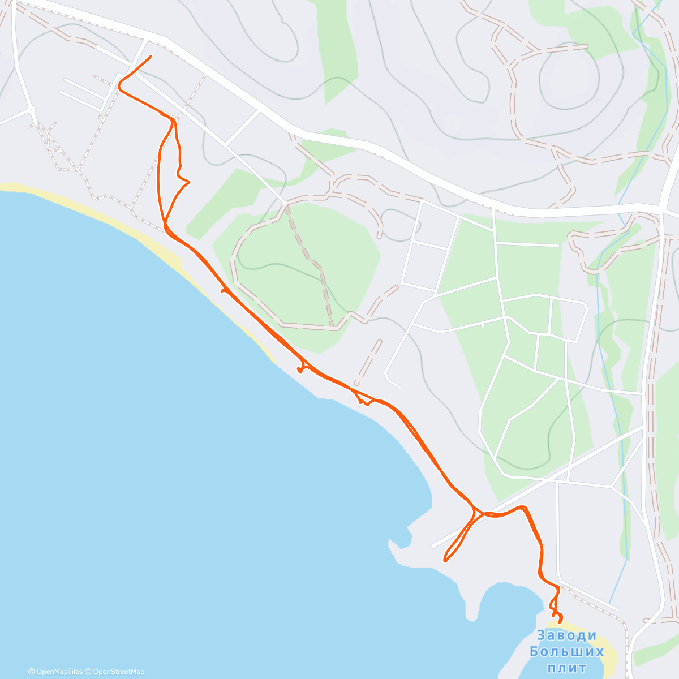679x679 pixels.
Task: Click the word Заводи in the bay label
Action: [567, 635]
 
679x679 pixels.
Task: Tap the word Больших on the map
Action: [567, 652]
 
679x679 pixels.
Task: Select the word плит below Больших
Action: [567, 668]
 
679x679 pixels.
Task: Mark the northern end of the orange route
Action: [151, 56]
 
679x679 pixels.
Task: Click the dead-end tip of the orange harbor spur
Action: [445, 561]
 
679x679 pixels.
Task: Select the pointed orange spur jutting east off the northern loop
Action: [189, 182]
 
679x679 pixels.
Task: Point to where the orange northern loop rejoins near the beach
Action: [166, 226]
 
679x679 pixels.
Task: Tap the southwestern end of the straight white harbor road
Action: [432, 547]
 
